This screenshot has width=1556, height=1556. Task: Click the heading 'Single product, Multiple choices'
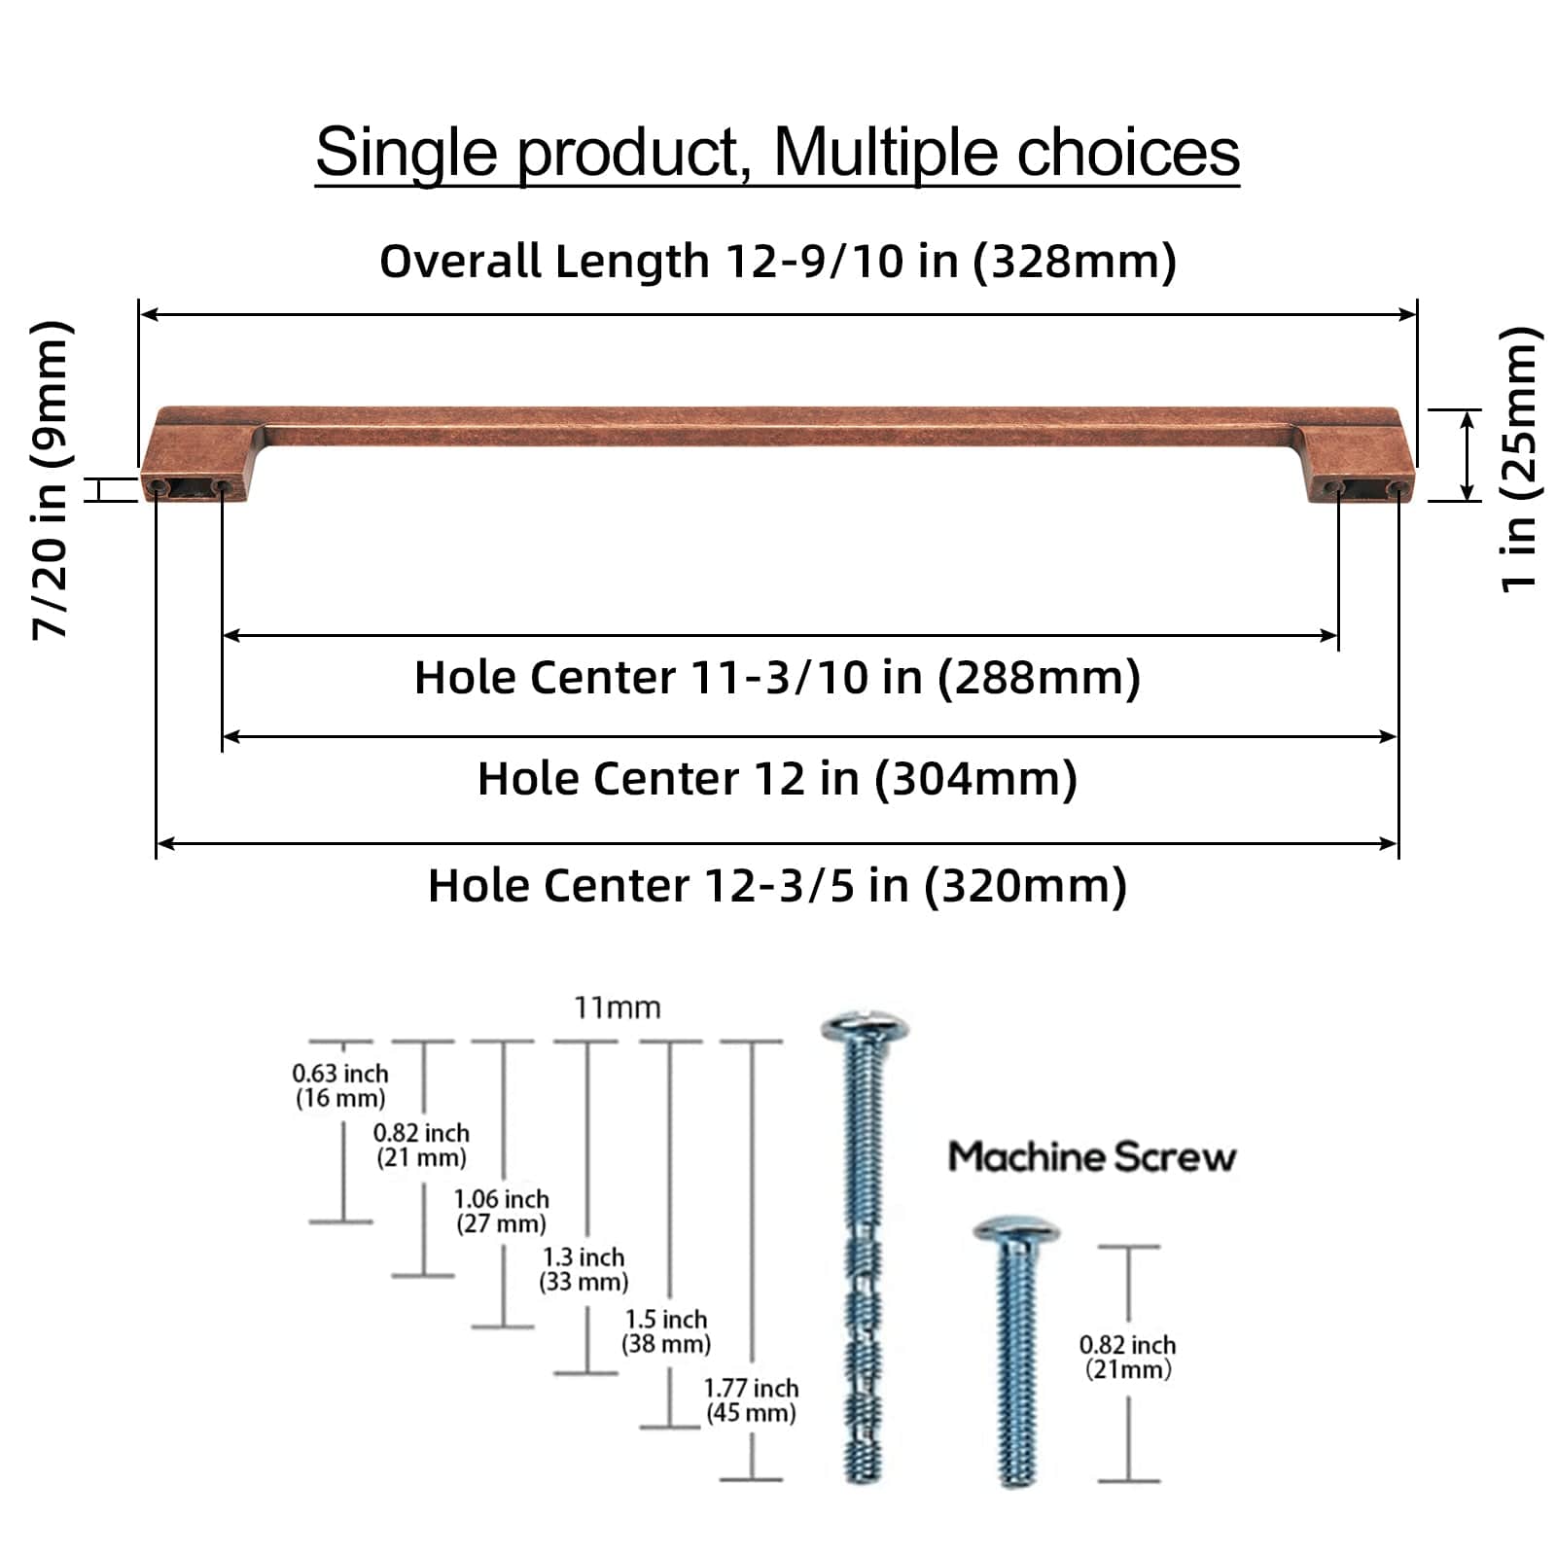coord(777,153)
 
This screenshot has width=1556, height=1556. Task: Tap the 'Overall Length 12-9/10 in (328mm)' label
coord(777,261)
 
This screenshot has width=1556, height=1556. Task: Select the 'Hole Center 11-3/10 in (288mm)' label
coord(777,678)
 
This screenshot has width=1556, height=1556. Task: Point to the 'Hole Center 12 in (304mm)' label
coord(777,779)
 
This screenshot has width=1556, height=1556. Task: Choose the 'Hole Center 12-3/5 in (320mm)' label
coord(777,886)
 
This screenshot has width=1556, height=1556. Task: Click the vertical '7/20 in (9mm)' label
coord(51,478)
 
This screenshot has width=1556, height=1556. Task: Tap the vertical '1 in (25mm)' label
coord(1519,459)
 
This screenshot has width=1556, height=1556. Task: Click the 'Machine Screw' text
coord(1091,1157)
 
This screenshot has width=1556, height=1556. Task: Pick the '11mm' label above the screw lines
coord(617,1008)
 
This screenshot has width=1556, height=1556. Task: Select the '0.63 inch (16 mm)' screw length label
coord(340,1085)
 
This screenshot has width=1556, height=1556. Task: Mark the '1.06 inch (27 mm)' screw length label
coord(502,1211)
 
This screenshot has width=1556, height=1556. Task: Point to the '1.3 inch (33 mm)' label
coord(583,1269)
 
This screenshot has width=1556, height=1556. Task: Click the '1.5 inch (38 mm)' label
coord(666,1331)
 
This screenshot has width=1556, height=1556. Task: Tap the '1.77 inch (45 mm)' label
coord(751,1400)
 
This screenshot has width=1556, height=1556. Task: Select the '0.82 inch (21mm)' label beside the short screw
coord(1128,1357)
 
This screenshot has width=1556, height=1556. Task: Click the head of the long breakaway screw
coord(864,1028)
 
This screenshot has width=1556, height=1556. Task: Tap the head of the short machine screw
coord(1015,1230)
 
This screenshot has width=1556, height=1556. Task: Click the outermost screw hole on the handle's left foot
coord(157,484)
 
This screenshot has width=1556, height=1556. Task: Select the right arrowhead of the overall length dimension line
coord(1408,314)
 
